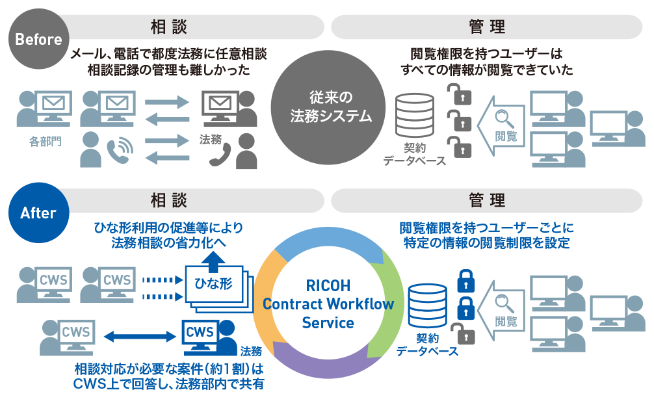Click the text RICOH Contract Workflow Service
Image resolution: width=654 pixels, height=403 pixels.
point(328,304)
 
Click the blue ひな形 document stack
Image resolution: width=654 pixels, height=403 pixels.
point(215,286)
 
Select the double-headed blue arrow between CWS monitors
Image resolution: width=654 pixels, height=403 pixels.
point(141,336)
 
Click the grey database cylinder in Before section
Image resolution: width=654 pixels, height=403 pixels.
point(414,116)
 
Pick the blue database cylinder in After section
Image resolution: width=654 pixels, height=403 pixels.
point(428,307)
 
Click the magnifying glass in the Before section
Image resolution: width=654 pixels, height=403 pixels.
point(505,118)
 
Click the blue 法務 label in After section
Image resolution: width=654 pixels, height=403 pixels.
point(251,352)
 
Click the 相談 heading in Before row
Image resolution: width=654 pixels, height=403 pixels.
point(168,26)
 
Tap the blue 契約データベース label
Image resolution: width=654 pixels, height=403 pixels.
point(427,345)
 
